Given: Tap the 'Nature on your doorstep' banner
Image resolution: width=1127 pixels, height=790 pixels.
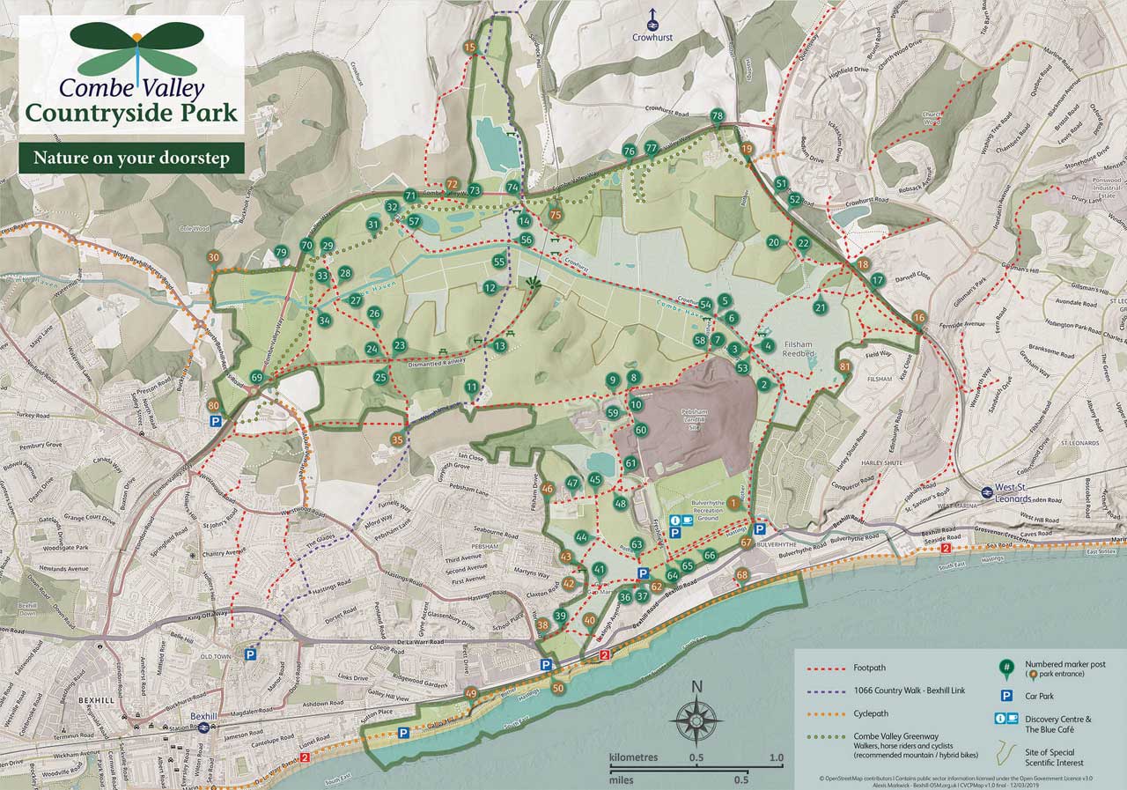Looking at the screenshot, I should (131, 159).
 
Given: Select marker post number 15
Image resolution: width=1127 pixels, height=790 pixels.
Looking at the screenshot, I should (470, 47).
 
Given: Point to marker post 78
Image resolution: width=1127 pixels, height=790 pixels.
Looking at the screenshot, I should (717, 116).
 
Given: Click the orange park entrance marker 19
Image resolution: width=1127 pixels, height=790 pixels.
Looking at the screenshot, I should (748, 149).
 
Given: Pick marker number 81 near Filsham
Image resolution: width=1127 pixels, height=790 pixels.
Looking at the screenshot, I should (845, 366).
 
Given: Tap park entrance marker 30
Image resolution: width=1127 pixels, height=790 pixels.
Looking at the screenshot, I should (213, 257).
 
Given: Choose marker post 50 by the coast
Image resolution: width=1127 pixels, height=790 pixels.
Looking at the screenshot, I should (557, 687).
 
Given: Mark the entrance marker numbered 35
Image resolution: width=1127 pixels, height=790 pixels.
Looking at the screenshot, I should (397, 439).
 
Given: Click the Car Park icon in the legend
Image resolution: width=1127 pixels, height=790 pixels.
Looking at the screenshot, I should (1004, 696).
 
